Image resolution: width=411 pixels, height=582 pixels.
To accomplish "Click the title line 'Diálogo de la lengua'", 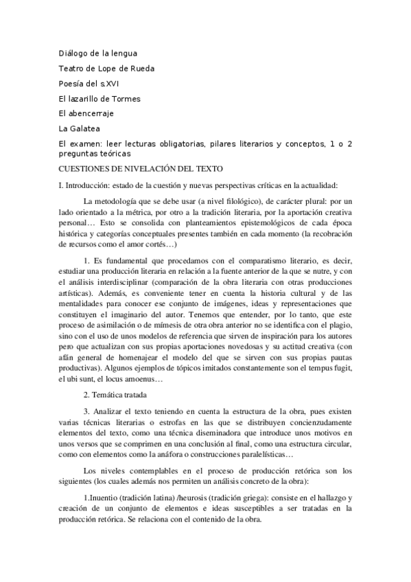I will coord(97,53).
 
